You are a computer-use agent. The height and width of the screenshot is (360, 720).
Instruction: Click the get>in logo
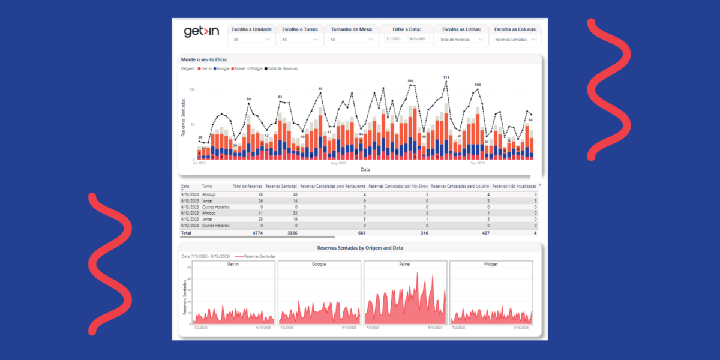coord(201,32)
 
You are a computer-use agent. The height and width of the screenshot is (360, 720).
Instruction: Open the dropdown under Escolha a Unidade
coord(252,40)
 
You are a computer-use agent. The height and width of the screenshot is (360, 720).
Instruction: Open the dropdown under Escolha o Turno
coord(300,40)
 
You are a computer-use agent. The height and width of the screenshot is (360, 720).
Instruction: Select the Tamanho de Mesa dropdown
coord(348,40)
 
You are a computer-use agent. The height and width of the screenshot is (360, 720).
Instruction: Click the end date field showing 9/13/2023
coord(418,39)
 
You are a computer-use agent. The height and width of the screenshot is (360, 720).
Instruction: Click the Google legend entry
coord(221,69)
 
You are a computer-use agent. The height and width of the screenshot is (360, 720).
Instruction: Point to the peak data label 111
coord(446,77)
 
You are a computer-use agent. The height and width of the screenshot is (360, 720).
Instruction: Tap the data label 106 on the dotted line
coord(410,80)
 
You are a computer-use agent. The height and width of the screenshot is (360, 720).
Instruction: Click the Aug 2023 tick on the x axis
coord(338,163)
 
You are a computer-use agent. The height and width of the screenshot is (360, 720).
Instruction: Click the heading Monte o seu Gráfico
coord(204,59)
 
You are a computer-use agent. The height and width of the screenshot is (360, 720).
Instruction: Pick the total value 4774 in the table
coord(256,232)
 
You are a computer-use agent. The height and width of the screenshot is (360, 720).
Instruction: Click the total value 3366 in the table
coord(290,232)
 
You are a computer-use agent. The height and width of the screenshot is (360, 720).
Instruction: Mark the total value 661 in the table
coord(361,232)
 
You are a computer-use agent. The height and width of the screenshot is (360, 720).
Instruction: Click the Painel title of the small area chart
coord(405,264)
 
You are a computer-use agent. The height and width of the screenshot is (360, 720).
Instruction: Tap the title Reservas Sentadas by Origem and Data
coord(360,248)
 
